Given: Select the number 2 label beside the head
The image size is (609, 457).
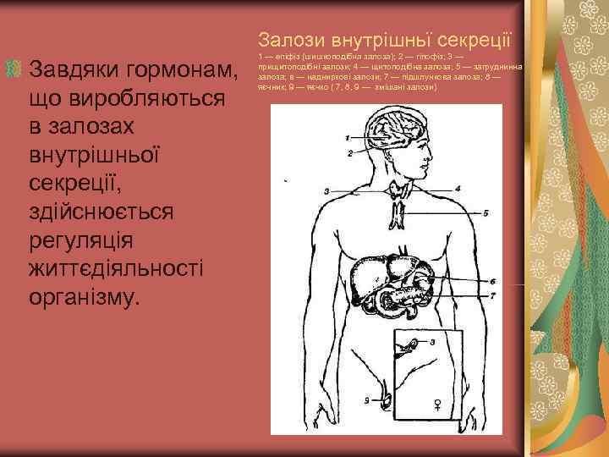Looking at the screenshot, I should [348, 155].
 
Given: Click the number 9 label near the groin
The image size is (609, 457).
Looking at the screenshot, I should [366, 397].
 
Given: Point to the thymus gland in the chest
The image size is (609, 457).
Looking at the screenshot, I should [399, 212].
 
